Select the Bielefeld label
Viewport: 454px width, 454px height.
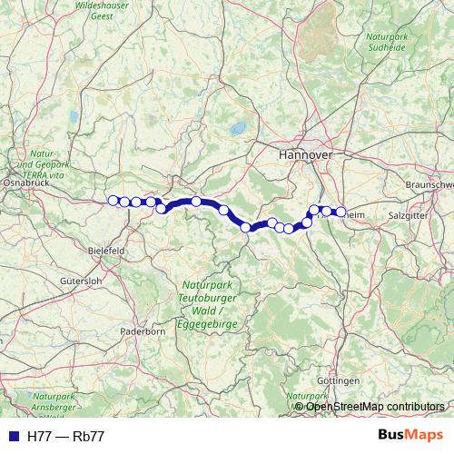tap(106, 248)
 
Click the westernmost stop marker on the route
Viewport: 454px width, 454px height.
tap(113, 201)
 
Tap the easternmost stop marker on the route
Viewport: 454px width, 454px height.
tap(340, 212)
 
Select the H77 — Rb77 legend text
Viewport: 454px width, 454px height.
tap(65, 436)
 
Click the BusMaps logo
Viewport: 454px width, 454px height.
tap(411, 436)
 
